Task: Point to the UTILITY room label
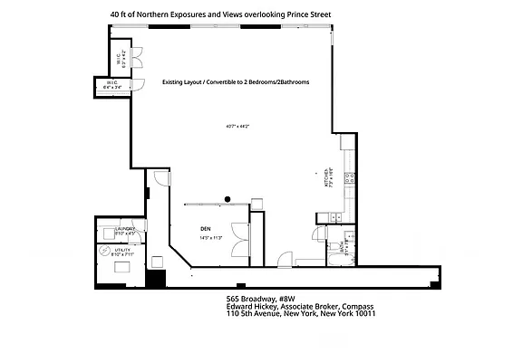(122, 252)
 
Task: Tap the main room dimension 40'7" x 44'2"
(237, 126)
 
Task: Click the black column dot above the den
(228, 198)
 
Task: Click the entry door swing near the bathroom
(286, 259)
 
